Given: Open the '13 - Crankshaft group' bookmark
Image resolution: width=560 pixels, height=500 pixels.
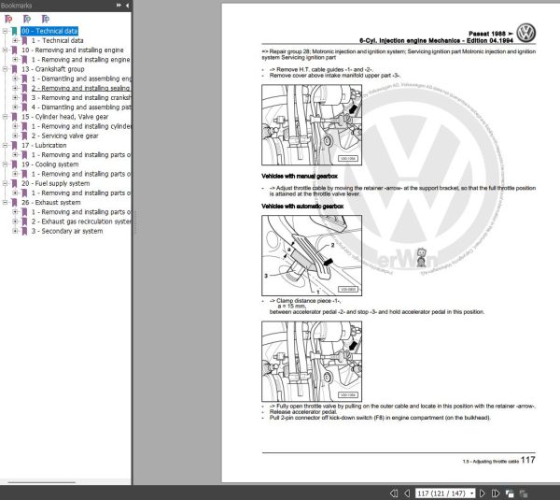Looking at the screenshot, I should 53,69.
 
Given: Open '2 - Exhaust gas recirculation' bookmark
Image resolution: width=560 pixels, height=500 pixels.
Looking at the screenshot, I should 82,221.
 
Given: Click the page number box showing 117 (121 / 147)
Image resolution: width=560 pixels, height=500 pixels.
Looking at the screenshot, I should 441,491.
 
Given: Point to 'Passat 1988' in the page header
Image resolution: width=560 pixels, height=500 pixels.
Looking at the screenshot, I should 481,31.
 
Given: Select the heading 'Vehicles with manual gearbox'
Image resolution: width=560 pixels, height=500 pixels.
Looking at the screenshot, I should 306,177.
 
